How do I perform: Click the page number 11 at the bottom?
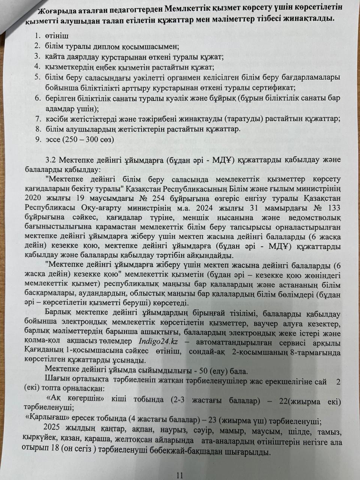click(179, 475)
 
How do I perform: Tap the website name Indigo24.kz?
click(157, 342)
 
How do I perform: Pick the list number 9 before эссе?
click(37, 139)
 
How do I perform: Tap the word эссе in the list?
click(54, 139)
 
